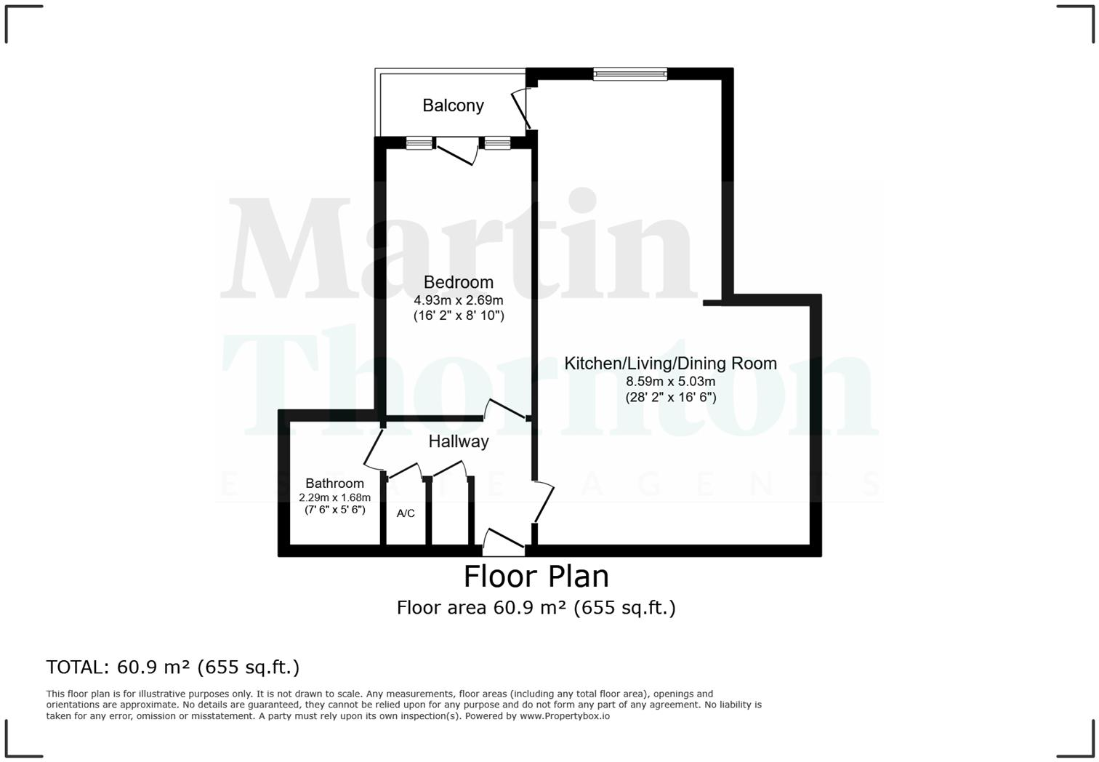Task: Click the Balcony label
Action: coord(453,105)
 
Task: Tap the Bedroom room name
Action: coord(458,282)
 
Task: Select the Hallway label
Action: coord(458,441)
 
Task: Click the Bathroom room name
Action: coord(334,484)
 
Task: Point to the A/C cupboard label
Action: coord(406,513)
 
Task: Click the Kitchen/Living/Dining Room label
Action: coord(670,364)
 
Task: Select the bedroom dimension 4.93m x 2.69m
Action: coord(458,300)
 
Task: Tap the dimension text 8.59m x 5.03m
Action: coord(670,382)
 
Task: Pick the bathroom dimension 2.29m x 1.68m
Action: coord(334,497)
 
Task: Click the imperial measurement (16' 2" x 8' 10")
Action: coord(458,316)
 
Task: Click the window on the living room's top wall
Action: coord(629,73)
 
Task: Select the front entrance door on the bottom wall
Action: coord(503,541)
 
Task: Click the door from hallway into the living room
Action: coord(544,502)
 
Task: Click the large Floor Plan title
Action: coord(536,576)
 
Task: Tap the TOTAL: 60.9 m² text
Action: coord(172,667)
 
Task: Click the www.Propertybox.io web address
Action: coord(564,716)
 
